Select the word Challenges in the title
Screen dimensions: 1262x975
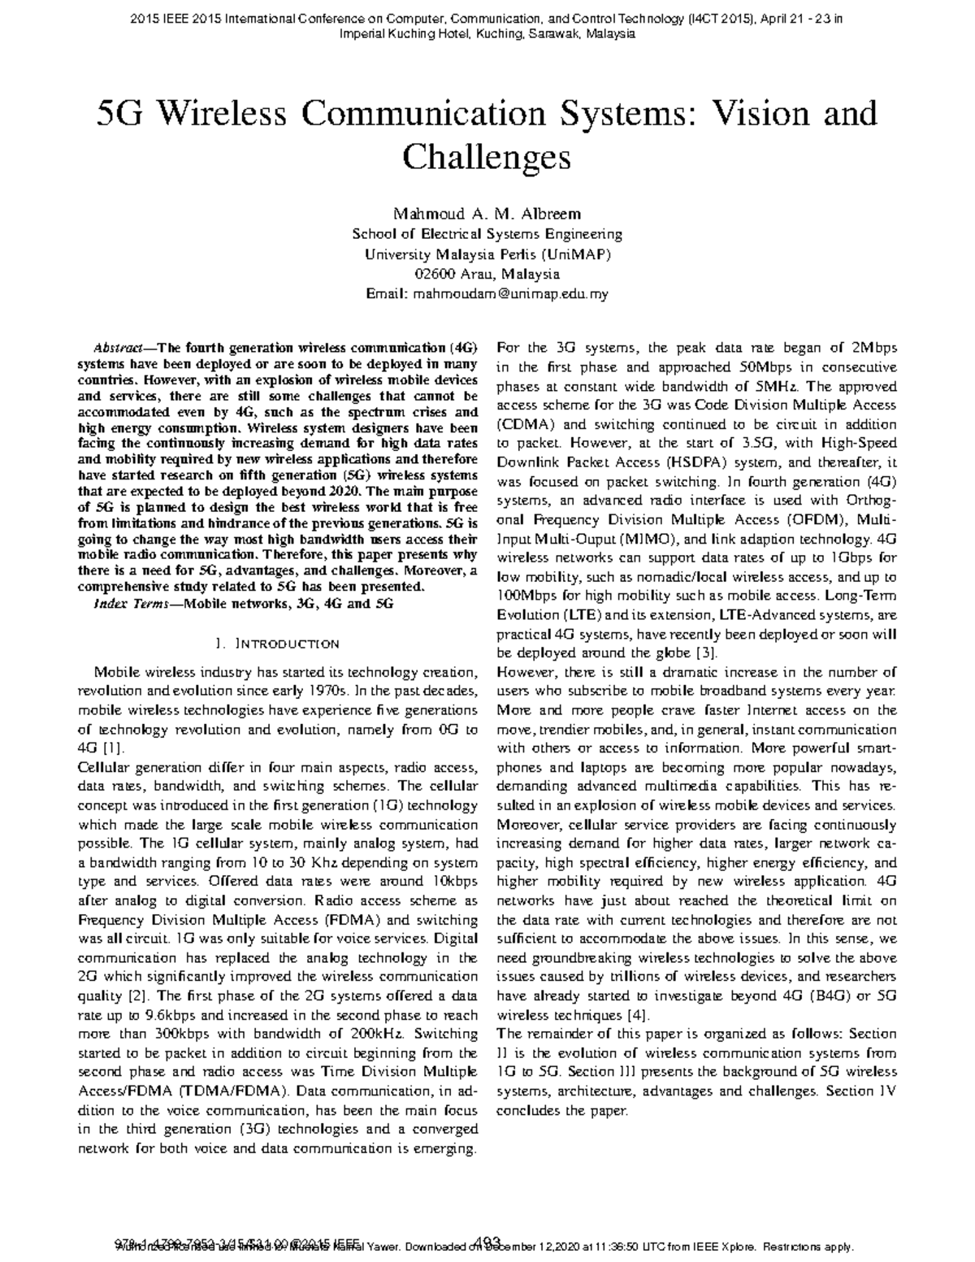487,157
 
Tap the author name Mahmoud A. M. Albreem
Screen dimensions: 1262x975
487,215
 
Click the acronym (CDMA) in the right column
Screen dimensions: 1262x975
526,424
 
